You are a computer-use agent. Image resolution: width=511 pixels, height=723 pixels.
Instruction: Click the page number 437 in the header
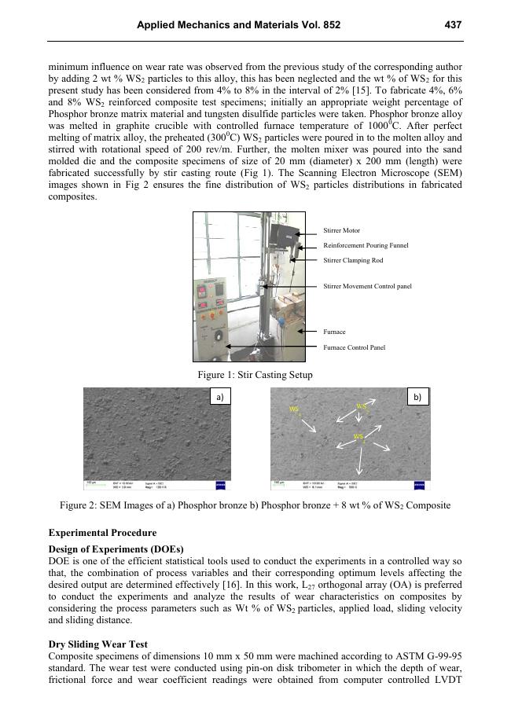(x=453, y=25)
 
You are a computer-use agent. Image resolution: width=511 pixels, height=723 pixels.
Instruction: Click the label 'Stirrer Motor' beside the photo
(x=342, y=230)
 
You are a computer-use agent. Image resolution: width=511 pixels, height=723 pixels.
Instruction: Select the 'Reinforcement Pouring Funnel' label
(x=366, y=245)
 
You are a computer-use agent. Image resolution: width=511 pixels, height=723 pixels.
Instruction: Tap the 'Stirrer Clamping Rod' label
(x=353, y=260)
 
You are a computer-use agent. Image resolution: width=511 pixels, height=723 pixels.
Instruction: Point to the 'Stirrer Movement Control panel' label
(x=367, y=286)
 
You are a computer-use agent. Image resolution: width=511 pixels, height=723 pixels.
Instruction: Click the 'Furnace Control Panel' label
(x=354, y=347)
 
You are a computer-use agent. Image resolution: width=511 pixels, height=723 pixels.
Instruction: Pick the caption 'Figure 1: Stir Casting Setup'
(x=256, y=375)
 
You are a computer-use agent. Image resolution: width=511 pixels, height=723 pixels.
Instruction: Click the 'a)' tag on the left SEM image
(x=219, y=398)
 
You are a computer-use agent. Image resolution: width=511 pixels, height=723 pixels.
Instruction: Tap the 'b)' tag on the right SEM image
(x=416, y=398)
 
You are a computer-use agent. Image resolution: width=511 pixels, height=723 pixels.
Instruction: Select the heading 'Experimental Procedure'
(x=102, y=533)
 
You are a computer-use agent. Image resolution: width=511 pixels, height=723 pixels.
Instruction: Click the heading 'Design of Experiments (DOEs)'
(x=116, y=549)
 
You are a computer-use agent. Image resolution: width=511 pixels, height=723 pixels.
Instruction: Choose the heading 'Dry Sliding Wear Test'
(x=97, y=644)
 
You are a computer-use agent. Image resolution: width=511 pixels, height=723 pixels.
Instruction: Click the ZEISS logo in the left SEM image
(x=220, y=483)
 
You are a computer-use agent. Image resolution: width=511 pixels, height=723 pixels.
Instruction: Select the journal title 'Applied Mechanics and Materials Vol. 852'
(x=239, y=25)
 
